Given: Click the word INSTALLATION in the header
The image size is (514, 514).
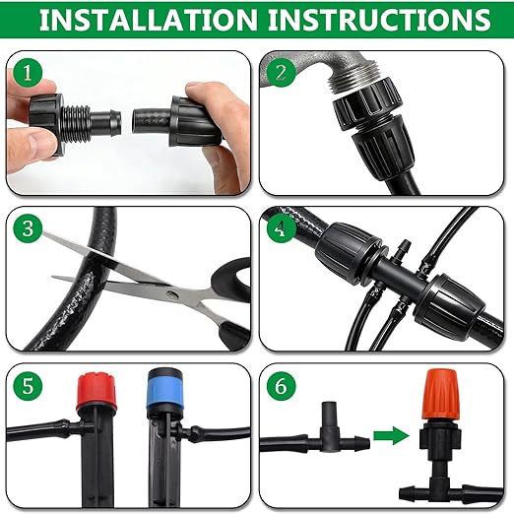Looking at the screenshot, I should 146,21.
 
